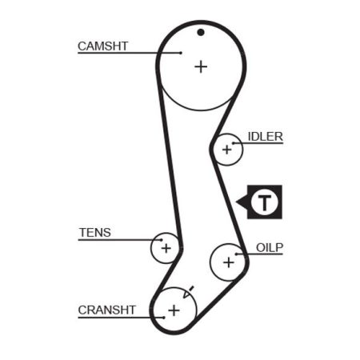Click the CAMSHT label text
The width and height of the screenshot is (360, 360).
click(x=103, y=46)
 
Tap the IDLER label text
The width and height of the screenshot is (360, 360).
click(x=266, y=137)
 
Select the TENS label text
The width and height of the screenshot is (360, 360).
click(x=95, y=233)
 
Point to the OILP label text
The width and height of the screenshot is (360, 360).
click(x=270, y=248)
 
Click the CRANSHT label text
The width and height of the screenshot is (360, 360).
click(x=107, y=310)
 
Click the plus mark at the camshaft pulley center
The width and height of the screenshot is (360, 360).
click(x=201, y=66)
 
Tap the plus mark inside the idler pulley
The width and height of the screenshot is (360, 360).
click(x=227, y=150)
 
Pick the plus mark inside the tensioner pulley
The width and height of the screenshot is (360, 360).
click(x=166, y=248)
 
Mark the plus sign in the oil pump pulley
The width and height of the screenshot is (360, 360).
click(x=229, y=262)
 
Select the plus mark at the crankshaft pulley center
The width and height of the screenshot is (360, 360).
click(x=174, y=310)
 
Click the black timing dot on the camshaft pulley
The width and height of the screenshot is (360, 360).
click(x=201, y=33)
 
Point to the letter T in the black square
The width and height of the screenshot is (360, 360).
click(x=265, y=202)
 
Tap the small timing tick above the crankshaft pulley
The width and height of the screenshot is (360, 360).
click(x=191, y=289)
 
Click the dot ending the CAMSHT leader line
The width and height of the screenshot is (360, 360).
click(x=181, y=53)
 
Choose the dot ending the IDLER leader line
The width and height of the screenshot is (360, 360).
click(x=234, y=143)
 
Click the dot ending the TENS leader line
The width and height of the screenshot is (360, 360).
click(x=162, y=240)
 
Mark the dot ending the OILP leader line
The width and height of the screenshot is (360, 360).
click(x=236, y=254)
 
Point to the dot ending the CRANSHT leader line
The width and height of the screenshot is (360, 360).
click(x=164, y=318)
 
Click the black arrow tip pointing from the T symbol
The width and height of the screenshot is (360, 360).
click(x=237, y=202)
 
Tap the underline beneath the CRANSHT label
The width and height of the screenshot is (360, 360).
click(x=121, y=318)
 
